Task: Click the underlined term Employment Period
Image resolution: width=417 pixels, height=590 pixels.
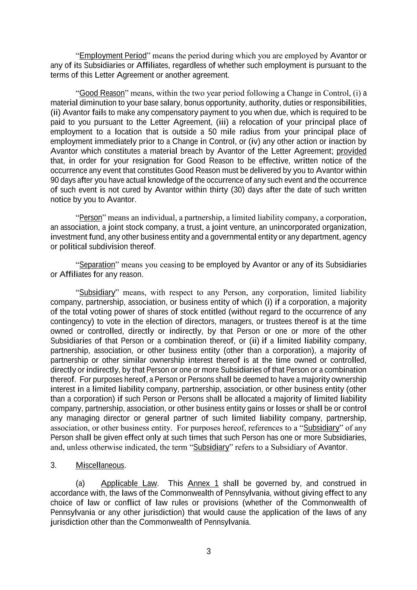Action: coord(113,56)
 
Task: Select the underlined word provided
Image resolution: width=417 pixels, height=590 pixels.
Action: coord(351,151)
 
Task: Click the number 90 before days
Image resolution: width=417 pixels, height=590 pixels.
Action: coord(54,180)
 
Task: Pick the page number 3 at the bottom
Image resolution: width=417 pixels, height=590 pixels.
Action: coord(209,552)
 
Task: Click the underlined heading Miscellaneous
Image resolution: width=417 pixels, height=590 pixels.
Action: coord(100,466)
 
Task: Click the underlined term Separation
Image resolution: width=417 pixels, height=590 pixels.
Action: coord(97,265)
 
